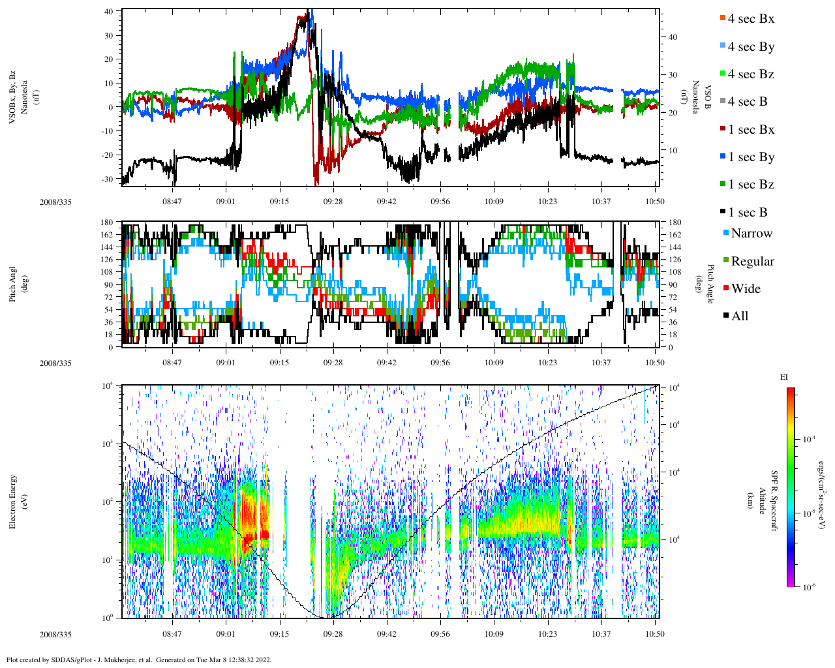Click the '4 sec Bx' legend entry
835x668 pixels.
click(751, 19)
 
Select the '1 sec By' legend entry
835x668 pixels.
click(751, 157)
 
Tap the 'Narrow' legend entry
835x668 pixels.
click(751, 234)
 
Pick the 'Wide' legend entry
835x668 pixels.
click(746, 288)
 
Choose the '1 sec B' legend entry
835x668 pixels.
click(748, 213)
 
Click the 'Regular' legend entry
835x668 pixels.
click(752, 262)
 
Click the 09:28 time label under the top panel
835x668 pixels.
click(333, 202)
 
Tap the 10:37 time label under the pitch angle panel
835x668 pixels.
click(601, 363)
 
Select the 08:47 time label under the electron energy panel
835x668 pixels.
click(172, 633)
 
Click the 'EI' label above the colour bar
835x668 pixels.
click(784, 377)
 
